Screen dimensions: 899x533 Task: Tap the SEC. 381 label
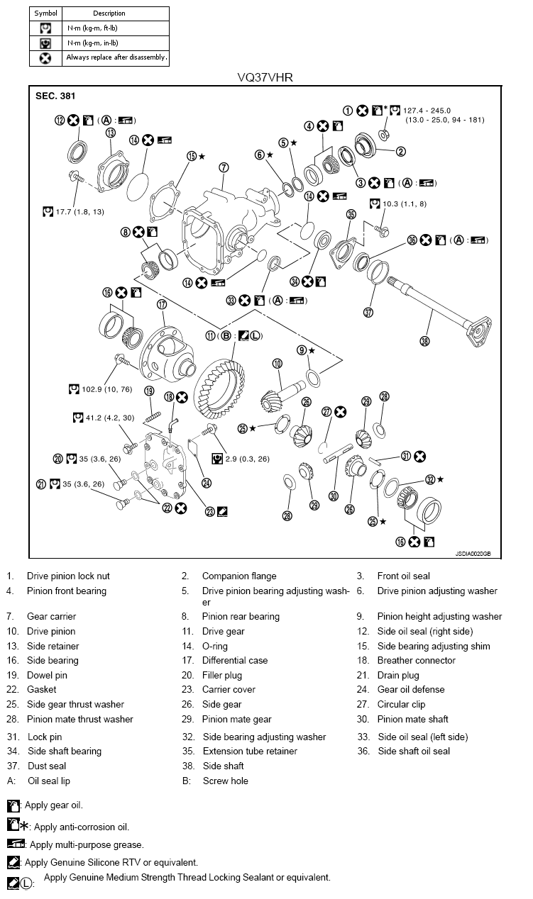pos(55,96)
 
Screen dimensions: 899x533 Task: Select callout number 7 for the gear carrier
pos(224,168)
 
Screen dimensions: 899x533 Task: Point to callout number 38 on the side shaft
pos(424,341)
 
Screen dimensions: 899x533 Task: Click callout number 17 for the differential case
pos(162,304)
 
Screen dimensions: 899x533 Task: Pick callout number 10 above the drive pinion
pos(278,364)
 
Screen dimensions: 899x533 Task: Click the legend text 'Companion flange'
pos(239,576)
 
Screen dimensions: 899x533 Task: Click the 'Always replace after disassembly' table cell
pos(116,57)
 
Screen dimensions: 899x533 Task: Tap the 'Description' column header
pos(109,13)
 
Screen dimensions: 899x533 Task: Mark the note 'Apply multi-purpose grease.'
pos(89,844)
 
